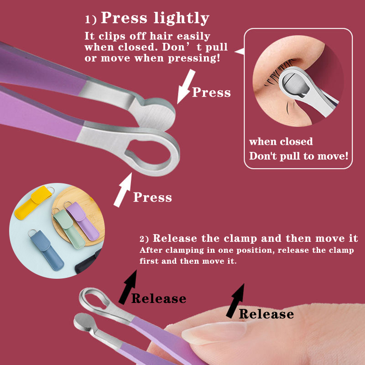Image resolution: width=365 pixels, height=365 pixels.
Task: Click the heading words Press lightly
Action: [155, 18]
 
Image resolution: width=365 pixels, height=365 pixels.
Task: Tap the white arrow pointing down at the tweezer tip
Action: [186, 87]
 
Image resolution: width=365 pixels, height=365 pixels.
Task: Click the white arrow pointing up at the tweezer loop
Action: [123, 190]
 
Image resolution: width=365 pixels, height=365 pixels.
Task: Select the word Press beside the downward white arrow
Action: [211, 92]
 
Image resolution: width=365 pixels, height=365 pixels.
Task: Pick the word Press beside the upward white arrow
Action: [152, 197]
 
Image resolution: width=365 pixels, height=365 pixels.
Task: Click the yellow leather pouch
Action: [34, 202]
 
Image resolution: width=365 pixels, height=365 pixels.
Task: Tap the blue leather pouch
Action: [47, 250]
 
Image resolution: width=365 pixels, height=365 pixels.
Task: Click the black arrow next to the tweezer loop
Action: [128, 287]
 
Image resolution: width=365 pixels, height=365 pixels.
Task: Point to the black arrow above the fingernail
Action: [235, 301]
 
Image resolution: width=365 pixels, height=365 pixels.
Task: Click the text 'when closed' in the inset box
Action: [281, 141]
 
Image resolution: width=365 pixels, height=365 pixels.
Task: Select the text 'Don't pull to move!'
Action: [299, 156]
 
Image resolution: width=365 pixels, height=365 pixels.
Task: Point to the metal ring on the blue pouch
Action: [32, 232]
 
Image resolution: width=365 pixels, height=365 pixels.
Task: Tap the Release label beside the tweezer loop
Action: [159, 298]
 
